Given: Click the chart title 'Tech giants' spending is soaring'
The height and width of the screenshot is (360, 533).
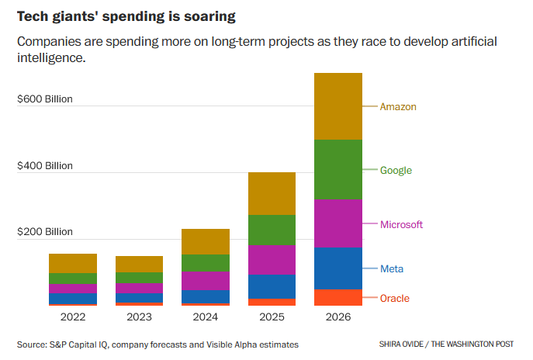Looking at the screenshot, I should [x=127, y=16].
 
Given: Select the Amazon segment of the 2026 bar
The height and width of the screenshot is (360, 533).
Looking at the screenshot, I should [x=338, y=106].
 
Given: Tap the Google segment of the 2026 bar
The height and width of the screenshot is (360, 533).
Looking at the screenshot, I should [x=338, y=169].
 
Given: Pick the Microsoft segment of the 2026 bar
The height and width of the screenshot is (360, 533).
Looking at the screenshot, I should [x=338, y=223].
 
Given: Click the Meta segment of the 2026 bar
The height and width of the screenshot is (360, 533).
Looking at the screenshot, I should [x=338, y=268].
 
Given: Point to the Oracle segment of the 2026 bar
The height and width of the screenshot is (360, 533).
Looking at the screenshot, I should [x=338, y=297].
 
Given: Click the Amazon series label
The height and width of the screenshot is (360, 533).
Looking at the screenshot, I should [x=398, y=106].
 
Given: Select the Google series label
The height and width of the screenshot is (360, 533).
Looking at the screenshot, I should [x=396, y=170].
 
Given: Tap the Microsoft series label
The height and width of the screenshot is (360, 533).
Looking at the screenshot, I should [x=401, y=224].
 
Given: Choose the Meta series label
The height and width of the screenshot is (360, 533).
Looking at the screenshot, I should [x=392, y=268].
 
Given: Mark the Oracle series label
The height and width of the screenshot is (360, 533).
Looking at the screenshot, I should [x=394, y=298].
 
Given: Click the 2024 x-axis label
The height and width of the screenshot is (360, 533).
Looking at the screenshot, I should [x=206, y=317].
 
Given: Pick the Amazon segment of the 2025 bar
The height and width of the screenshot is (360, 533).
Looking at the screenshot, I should [x=272, y=193].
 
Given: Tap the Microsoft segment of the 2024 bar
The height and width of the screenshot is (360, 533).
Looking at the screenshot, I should [x=206, y=280].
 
